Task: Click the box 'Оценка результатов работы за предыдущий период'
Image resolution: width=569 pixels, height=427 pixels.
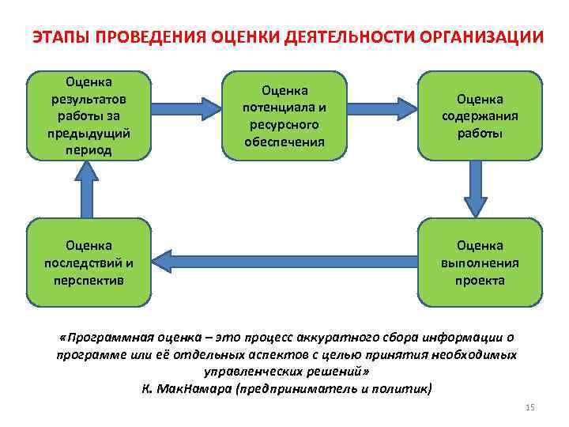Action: [89, 115]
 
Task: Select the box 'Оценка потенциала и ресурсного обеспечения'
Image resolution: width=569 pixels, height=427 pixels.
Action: [284, 115]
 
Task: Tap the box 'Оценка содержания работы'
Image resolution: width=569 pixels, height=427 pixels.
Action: [479, 115]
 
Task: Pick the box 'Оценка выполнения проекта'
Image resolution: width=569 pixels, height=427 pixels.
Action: [479, 263]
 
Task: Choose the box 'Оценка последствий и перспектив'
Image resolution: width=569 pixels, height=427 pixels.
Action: [89, 263]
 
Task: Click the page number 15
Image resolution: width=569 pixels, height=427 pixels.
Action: [529, 407]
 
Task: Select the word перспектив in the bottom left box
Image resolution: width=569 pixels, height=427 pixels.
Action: [89, 280]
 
